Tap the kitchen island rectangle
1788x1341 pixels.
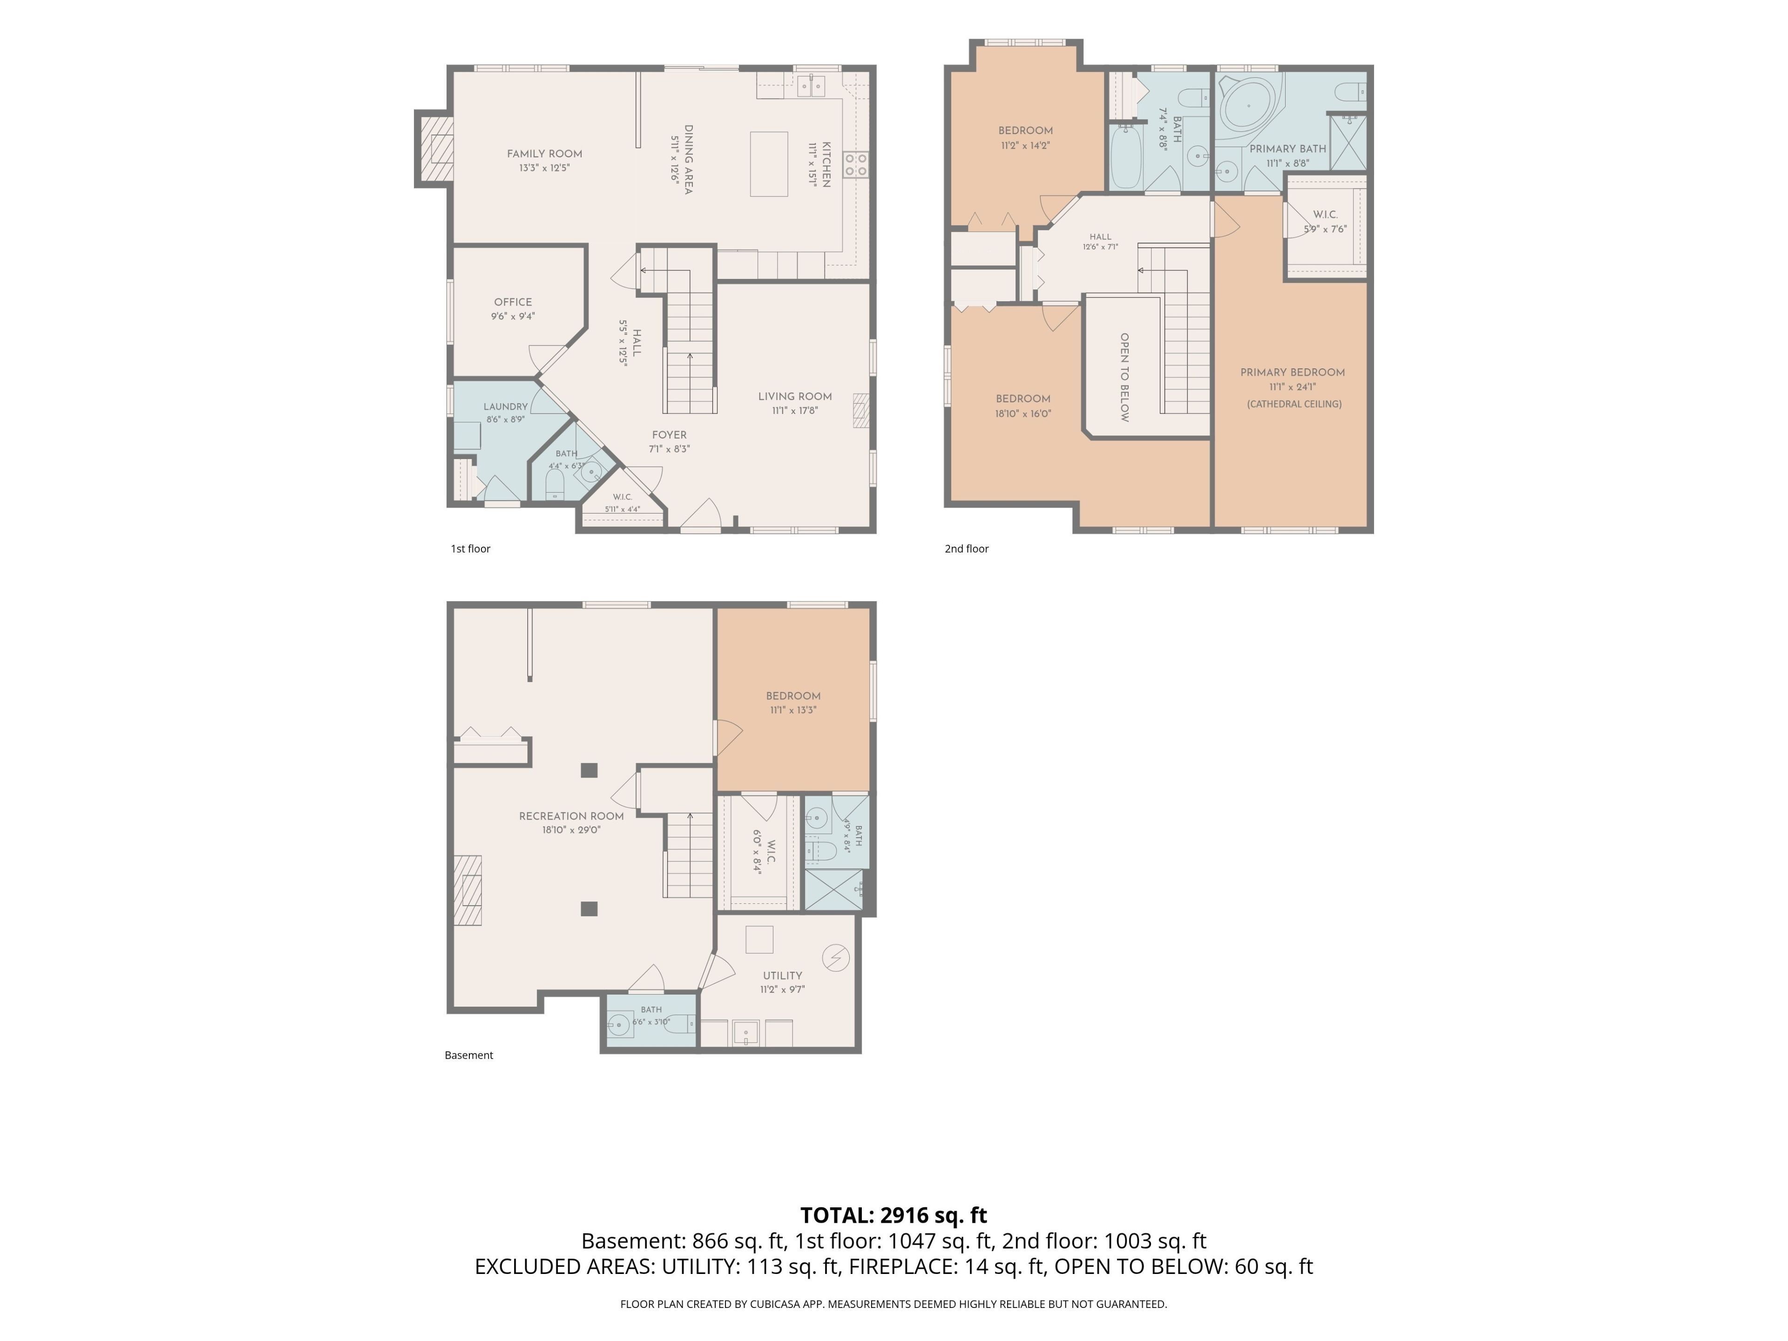click(x=769, y=164)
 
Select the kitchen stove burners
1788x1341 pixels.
click(x=856, y=165)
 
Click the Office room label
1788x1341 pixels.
click(x=513, y=302)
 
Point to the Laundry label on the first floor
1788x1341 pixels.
click(x=506, y=406)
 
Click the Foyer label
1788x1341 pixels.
click(x=669, y=435)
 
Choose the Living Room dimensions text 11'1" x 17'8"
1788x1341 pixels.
click(x=795, y=411)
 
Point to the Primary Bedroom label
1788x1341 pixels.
click(x=1293, y=372)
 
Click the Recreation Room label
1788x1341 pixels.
click(x=571, y=816)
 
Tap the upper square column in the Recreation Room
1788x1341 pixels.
click(x=589, y=770)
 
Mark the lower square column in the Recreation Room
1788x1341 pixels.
click(x=589, y=908)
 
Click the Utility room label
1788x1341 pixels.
click(x=782, y=975)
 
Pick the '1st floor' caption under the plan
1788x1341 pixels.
click(x=470, y=549)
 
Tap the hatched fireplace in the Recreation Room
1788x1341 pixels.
click(x=467, y=890)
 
